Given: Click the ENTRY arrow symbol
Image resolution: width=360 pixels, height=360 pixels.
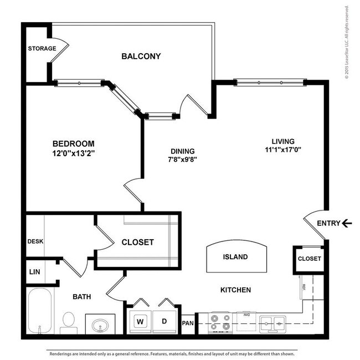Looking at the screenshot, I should point(347,223).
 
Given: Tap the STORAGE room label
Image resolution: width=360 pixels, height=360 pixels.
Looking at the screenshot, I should point(42,48).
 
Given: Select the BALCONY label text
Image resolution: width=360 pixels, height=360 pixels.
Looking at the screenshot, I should point(141,56).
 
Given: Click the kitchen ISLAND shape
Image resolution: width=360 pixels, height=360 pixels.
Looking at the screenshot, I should point(235,258).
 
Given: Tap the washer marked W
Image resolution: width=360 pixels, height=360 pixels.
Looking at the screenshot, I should point(140,321).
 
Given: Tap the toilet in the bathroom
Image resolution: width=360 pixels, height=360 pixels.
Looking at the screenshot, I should point(69,322).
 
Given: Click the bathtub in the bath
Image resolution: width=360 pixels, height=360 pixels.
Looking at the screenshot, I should point(40,312).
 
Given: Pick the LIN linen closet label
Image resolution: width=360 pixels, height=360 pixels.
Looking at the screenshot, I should point(34,271).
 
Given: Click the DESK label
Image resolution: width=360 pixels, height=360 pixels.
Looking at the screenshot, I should point(34,241).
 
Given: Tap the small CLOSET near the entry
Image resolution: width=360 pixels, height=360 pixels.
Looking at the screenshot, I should point(309,259).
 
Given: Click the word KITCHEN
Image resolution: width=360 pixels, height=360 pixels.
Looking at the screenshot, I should point(235,290).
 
